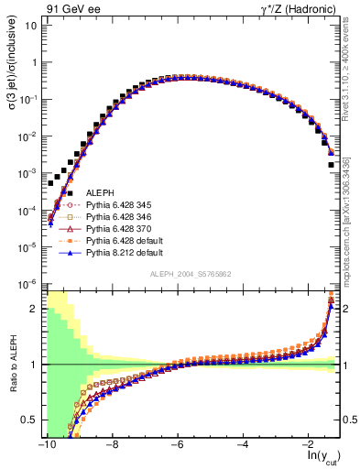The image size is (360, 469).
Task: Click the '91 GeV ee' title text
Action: click(69, 8)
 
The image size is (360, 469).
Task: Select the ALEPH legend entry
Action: click(100, 191)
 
